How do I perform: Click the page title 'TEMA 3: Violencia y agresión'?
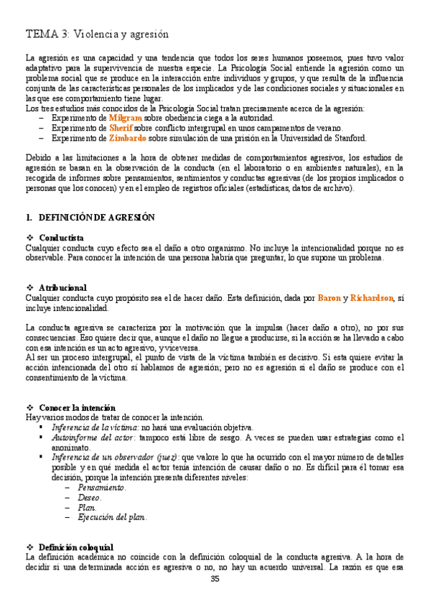click(x=97, y=34)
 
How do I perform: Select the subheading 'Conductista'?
click(x=61, y=238)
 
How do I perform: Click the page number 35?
click(x=215, y=580)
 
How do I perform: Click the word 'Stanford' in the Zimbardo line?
click(x=348, y=138)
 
